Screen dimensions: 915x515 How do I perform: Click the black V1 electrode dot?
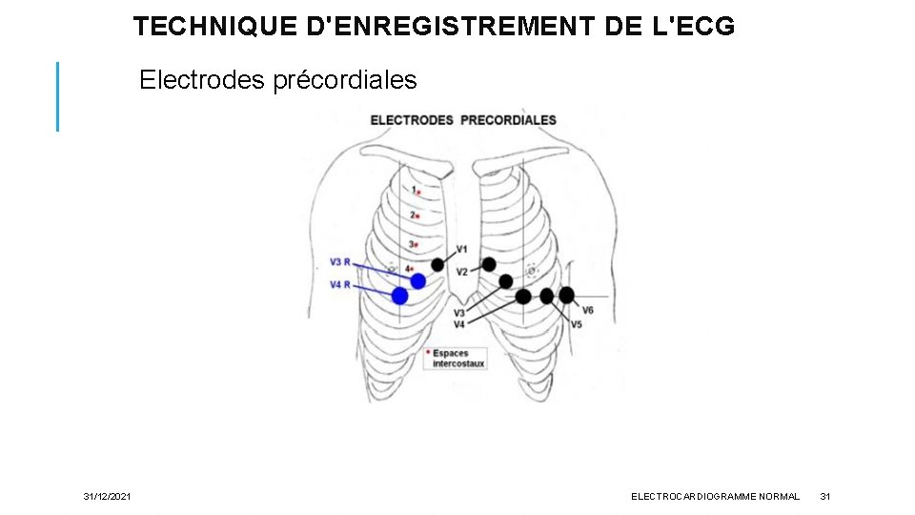tap(437, 264)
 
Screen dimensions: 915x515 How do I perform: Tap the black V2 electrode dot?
tap(489, 264)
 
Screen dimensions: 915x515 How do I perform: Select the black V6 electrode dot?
tap(566, 296)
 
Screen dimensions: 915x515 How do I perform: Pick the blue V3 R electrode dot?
tap(417, 280)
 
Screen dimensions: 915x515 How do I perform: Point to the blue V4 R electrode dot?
tap(400, 296)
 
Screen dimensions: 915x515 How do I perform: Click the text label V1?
tap(461, 250)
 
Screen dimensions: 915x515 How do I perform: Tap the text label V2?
tap(461, 272)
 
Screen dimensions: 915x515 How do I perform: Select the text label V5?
tap(577, 325)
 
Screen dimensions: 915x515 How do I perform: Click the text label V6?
tap(588, 311)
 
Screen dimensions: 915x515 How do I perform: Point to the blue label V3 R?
tap(340, 262)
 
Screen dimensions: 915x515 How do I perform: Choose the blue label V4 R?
tap(340, 285)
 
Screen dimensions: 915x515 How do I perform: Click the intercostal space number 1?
tap(413, 191)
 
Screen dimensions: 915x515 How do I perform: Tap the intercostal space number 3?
tap(412, 245)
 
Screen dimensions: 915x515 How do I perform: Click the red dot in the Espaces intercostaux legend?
tap(428, 353)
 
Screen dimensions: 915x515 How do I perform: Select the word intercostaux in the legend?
tap(458, 363)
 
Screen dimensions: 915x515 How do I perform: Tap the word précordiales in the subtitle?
tap(357, 80)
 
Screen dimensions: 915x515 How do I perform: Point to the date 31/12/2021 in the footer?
tap(108, 497)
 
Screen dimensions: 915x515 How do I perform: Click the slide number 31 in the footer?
tap(825, 497)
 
